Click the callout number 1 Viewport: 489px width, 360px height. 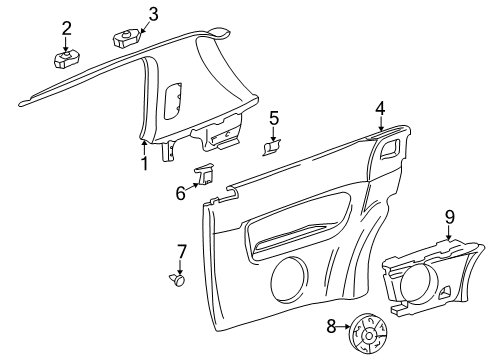click(144, 163)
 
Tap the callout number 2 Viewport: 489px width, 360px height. click(66, 29)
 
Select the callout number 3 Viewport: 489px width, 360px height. click(153, 15)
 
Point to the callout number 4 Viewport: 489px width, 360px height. click(380, 109)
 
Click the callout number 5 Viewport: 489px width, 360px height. click(274, 118)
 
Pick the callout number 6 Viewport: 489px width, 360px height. click(181, 193)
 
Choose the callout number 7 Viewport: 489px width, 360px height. click(182, 252)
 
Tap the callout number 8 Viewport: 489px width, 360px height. click(331, 327)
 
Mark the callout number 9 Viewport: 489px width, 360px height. click(450, 217)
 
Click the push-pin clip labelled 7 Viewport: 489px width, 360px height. click(177, 280)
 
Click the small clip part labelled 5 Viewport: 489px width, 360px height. click(272, 148)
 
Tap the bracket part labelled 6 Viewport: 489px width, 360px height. click(204, 174)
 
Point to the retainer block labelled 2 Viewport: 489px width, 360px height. click(67, 60)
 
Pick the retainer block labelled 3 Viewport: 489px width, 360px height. click(127, 38)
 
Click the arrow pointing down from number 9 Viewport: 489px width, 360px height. click(450, 232)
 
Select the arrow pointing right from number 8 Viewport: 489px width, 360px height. click(343, 327)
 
